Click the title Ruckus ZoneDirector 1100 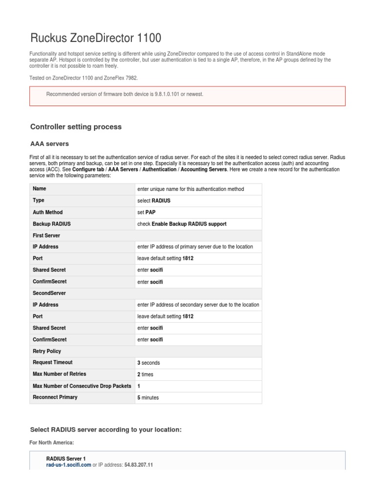[x=96, y=38]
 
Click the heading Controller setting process [x=76, y=127]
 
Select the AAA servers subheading [x=49, y=144]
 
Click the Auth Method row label [x=48, y=212]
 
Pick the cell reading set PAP [x=146, y=212]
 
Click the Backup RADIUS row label [x=51, y=224]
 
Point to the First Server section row [x=46, y=235]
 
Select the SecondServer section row [x=49, y=293]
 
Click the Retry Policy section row [x=47, y=351]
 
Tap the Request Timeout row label [x=53, y=362]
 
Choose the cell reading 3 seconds [x=148, y=363]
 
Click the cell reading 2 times [x=146, y=375]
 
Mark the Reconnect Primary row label [x=55, y=397]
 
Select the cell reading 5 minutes [x=148, y=397]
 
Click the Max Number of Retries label [x=59, y=374]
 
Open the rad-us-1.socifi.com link [x=68, y=465]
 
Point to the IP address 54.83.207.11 [x=139, y=465]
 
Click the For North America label [x=52, y=442]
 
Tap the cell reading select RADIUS [x=154, y=201]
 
